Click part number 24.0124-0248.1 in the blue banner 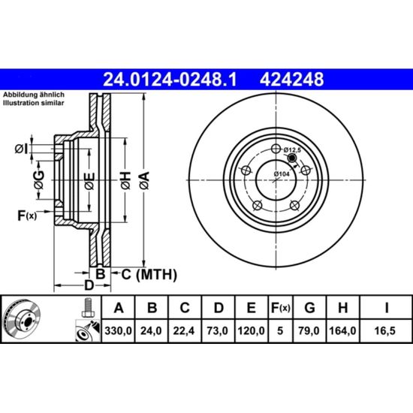170,80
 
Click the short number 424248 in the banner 291,80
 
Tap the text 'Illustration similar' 34,103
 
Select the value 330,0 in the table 118,330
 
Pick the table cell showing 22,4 185,330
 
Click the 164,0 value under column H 342,330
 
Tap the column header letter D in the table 219,308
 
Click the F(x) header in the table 280,308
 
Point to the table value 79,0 309,330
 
